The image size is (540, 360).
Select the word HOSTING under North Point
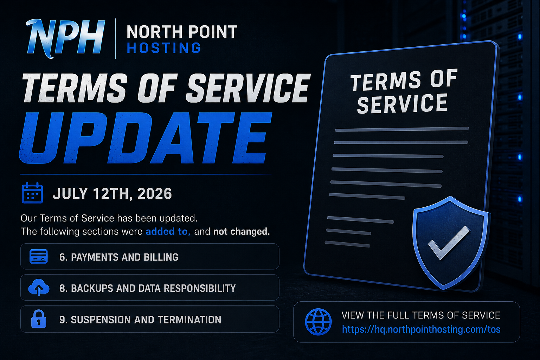click(x=164, y=48)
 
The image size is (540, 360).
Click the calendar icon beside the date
click(x=32, y=193)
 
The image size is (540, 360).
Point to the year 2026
click(x=155, y=194)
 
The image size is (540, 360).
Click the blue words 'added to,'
click(x=168, y=231)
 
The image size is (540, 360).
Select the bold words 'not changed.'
click(x=242, y=231)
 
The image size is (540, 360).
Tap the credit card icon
click(x=39, y=256)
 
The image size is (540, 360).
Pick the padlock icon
click(x=39, y=319)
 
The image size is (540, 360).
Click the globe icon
click(x=318, y=322)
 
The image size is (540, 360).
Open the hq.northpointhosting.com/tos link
click(x=421, y=329)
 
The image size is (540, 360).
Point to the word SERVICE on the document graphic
click(x=402, y=104)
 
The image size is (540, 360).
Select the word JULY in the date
click(x=70, y=194)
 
